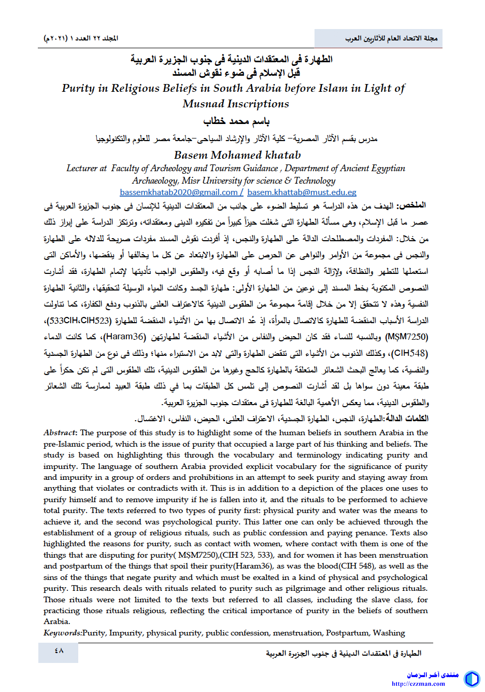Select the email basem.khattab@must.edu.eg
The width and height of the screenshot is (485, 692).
click(302, 192)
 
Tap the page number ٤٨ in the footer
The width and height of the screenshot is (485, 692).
click(59, 651)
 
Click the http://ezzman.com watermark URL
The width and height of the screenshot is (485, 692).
click(419, 684)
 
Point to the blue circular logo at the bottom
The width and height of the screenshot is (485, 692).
click(472, 679)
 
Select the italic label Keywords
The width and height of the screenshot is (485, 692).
click(62, 633)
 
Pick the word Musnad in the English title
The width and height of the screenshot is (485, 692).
click(204, 104)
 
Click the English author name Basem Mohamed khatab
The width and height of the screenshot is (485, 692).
click(237, 155)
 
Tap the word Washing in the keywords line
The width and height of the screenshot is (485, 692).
click(389, 633)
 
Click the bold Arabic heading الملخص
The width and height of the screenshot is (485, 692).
click(413, 205)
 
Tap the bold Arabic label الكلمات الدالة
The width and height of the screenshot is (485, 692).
click(407, 419)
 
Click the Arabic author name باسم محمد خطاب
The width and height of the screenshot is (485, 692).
click(236, 121)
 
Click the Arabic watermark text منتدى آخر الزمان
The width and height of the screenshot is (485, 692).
click(433, 675)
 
